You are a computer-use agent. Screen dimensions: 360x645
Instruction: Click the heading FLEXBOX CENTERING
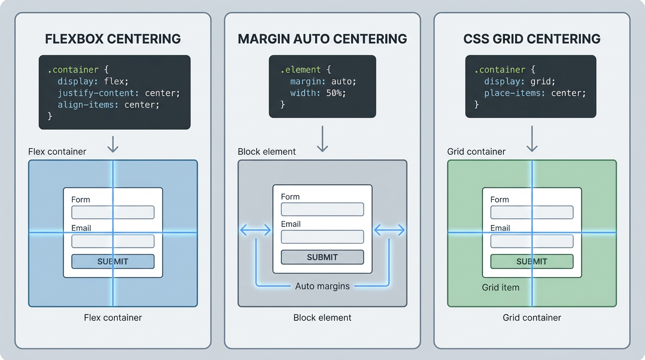(112, 38)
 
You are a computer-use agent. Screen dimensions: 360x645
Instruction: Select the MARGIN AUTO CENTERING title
(322, 38)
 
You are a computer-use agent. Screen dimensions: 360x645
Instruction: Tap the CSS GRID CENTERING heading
(532, 38)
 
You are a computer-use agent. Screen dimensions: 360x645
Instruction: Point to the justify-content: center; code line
(119, 93)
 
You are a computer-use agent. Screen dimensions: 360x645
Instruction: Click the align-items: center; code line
(108, 105)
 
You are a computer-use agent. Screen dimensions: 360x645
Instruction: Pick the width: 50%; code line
(318, 93)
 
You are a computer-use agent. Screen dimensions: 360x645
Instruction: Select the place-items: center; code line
(535, 93)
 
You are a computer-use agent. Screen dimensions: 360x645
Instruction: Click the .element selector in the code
(300, 69)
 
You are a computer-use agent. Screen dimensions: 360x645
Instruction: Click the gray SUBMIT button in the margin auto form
(322, 257)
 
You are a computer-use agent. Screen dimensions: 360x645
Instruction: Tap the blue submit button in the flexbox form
(112, 262)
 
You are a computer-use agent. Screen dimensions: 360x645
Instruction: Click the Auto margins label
(322, 286)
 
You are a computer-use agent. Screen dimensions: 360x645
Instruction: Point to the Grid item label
(501, 287)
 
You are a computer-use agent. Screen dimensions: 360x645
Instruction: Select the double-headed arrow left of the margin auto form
(255, 230)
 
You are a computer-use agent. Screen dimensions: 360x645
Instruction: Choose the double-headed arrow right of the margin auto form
(389, 230)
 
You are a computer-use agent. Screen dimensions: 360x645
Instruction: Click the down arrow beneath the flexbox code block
(112, 144)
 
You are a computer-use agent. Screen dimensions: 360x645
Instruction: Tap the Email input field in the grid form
(532, 241)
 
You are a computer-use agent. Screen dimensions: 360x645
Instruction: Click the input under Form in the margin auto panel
(322, 209)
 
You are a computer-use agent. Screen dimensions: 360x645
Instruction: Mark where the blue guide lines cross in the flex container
(113, 232)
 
